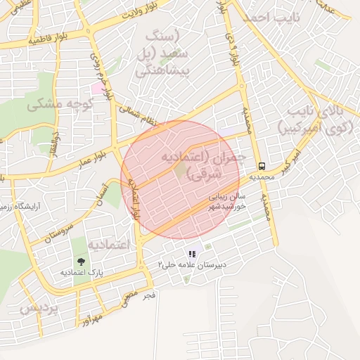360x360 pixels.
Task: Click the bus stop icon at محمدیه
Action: (262, 167)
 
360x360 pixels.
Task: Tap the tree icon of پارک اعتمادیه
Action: (82, 259)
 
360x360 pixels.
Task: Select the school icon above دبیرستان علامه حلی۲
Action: (191, 254)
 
